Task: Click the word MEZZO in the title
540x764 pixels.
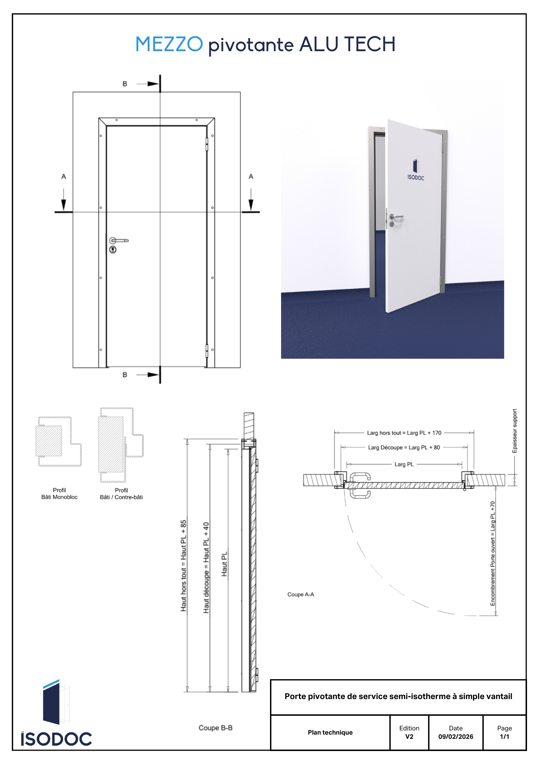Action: coord(169,44)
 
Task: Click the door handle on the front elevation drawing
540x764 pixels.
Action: coord(119,241)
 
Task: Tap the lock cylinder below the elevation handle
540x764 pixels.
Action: coord(113,249)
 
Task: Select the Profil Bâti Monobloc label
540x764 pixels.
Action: coord(60,494)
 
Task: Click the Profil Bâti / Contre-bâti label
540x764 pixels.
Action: coord(121,494)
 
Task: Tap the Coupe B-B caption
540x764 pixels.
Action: coord(215,728)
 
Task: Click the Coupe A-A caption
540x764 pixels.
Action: coord(301,594)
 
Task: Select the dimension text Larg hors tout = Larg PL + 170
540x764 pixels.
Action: coord(404,433)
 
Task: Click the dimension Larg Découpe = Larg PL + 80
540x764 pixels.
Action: coord(404,447)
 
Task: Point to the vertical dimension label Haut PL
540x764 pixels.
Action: coord(225,564)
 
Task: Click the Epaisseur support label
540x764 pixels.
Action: coord(514,431)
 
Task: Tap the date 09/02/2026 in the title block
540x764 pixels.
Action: coord(456,736)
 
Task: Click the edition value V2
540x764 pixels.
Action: coord(409,736)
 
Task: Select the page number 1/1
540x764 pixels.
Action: coord(504,736)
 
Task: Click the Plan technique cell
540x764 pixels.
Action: coord(330,732)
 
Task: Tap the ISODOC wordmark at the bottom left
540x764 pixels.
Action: coord(57,739)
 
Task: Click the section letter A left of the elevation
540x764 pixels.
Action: coord(64,176)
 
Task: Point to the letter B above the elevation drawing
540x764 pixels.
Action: coord(125,84)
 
